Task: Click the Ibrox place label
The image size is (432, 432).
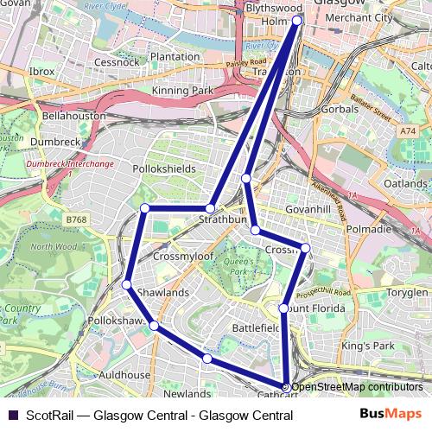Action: pyautogui.click(x=41, y=71)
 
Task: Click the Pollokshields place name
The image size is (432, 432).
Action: pyautogui.click(x=164, y=169)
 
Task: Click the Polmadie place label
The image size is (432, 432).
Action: pyautogui.click(x=371, y=230)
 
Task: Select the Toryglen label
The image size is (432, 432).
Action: pyautogui.click(x=406, y=293)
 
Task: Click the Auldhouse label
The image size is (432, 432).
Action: pyautogui.click(x=124, y=376)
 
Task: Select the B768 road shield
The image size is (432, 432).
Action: pyautogui.click(x=76, y=221)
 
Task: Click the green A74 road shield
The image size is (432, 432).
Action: pyautogui.click(x=408, y=130)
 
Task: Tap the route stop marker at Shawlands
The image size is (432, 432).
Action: pyautogui.click(x=127, y=284)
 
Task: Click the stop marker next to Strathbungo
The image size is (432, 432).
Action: pyautogui.click(x=210, y=208)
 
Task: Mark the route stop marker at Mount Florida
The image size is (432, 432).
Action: pyautogui.click(x=283, y=308)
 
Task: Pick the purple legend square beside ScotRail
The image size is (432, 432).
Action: pyautogui.click(x=10, y=415)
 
